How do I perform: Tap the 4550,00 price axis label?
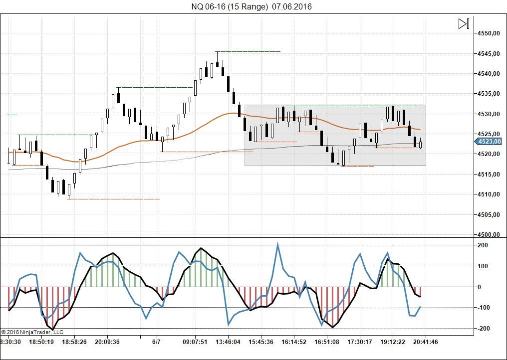(x=489, y=33)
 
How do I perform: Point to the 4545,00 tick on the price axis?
(x=489, y=54)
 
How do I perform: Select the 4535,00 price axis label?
(x=489, y=94)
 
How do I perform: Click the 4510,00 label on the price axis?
(x=489, y=194)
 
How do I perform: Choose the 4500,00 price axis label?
(x=489, y=235)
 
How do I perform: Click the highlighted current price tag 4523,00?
(x=489, y=142)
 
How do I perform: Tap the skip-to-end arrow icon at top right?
(x=464, y=23)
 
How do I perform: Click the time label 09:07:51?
(x=195, y=342)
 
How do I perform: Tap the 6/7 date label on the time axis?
(x=156, y=342)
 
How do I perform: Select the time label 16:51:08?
(x=327, y=342)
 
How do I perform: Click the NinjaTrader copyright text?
(x=32, y=332)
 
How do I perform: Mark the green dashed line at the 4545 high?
(x=248, y=51)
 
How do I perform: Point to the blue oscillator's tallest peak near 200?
(x=277, y=244)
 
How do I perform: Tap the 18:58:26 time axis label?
(x=74, y=342)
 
